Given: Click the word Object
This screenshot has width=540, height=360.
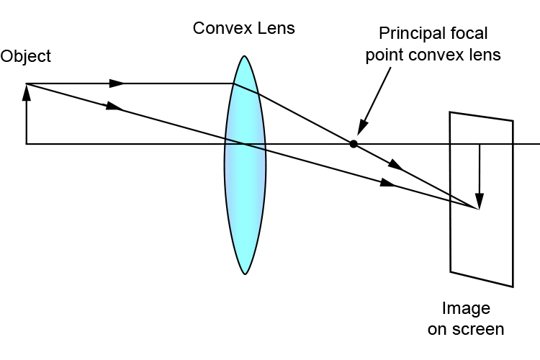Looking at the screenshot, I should click(26, 56).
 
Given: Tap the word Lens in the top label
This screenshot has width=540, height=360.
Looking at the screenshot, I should click(278, 29).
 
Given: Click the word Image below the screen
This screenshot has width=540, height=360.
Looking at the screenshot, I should click(466, 309).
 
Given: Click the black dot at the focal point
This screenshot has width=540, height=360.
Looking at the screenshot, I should click(354, 144).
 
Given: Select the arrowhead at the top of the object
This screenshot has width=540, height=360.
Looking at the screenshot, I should click(27, 89).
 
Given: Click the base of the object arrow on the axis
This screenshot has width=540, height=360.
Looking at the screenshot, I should click(27, 144).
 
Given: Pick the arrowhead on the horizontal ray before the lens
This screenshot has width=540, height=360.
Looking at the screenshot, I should click(117, 84).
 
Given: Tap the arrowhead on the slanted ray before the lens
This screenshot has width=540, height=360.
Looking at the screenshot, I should click(113, 107).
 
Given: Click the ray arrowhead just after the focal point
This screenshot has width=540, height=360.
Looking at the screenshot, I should click(395, 166).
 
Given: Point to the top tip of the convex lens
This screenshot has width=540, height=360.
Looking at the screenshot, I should click(245, 56).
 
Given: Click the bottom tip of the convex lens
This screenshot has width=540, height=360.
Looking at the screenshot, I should click(245, 274).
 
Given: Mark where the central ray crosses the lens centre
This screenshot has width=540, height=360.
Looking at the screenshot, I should click(245, 144).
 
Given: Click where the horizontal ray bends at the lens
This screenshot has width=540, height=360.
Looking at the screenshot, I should click(234, 84).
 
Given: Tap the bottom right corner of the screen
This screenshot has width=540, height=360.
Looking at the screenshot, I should click(513, 286).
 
